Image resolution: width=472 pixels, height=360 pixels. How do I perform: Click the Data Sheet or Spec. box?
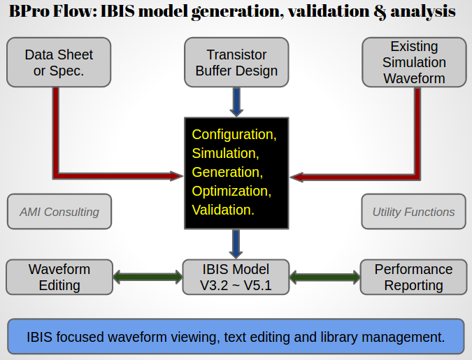tap(59, 62)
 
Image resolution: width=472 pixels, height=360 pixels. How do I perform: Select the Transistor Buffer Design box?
tap(236, 62)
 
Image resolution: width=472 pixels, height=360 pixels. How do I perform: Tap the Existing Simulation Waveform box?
tap(414, 62)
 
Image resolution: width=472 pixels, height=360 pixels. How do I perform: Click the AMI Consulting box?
tap(59, 212)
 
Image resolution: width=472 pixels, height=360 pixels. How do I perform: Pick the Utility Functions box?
tap(413, 212)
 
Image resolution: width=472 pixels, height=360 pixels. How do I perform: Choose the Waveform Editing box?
tap(59, 277)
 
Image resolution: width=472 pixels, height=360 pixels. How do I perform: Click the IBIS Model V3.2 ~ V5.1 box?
tap(236, 277)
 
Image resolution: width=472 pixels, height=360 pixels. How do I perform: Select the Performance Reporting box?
tap(413, 277)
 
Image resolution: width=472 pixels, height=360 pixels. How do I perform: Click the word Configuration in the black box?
tap(234, 134)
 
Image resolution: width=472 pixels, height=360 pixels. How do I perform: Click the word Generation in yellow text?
tap(227, 172)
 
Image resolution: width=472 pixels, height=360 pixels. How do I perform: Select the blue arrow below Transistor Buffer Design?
tap(236, 102)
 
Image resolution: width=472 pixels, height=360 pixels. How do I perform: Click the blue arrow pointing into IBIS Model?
tap(236, 244)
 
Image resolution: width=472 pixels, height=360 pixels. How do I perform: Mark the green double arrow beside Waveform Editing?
tap(147, 277)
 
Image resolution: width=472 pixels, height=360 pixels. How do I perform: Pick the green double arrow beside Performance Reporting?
tap(324, 277)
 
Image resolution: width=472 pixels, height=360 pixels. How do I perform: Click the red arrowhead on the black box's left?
tap(175, 175)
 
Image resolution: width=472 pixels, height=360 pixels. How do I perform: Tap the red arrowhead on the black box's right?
tap(298, 177)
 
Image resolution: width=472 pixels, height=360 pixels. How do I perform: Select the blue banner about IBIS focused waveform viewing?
tap(236, 336)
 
